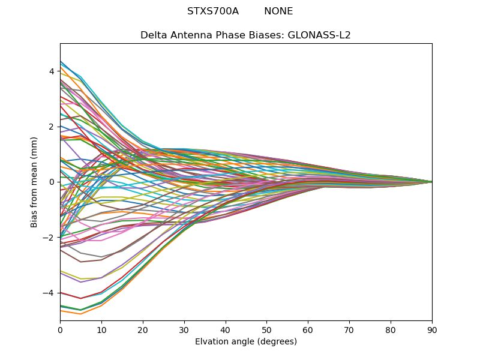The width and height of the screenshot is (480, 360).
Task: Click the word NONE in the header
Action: coord(278,11)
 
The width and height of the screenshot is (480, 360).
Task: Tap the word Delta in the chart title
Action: coord(153,35)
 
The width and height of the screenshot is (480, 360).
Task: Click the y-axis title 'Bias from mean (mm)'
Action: coord(34,182)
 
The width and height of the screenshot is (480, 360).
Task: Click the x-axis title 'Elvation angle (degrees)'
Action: coord(246,342)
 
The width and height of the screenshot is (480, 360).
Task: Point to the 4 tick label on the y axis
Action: coord(52,71)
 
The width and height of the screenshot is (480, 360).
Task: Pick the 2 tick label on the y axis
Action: coord(52,127)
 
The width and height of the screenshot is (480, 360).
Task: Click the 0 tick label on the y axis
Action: coord(52,182)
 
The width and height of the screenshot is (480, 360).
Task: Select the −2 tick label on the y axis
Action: coord(50,238)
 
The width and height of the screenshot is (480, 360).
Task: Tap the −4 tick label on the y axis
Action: coord(50,293)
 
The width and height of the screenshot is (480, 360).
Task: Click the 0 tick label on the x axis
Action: coord(60,329)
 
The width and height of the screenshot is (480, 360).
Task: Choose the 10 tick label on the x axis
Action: coord(101,329)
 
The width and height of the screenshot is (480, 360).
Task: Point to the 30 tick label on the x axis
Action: coord(184,329)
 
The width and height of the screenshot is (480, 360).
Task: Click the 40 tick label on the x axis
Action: coord(226,329)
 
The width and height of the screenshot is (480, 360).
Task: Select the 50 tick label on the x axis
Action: coord(266,329)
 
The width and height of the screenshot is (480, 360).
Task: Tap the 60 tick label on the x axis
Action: coord(308,329)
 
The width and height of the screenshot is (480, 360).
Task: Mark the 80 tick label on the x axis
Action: coord(391,329)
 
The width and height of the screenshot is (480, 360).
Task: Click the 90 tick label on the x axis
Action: coord(432,329)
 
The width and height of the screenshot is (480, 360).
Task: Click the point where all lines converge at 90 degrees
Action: coord(431,182)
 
